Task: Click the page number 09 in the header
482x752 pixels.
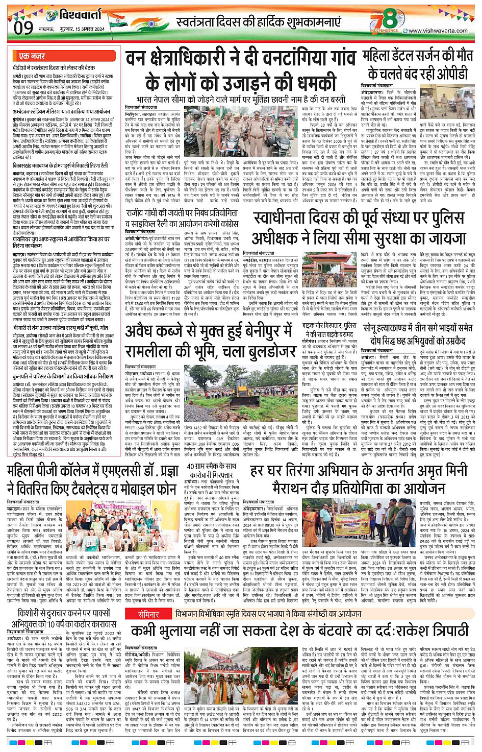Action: click(x=23, y=27)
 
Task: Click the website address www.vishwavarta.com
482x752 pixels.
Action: click(x=438, y=31)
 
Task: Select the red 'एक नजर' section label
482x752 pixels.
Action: click(x=32, y=56)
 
